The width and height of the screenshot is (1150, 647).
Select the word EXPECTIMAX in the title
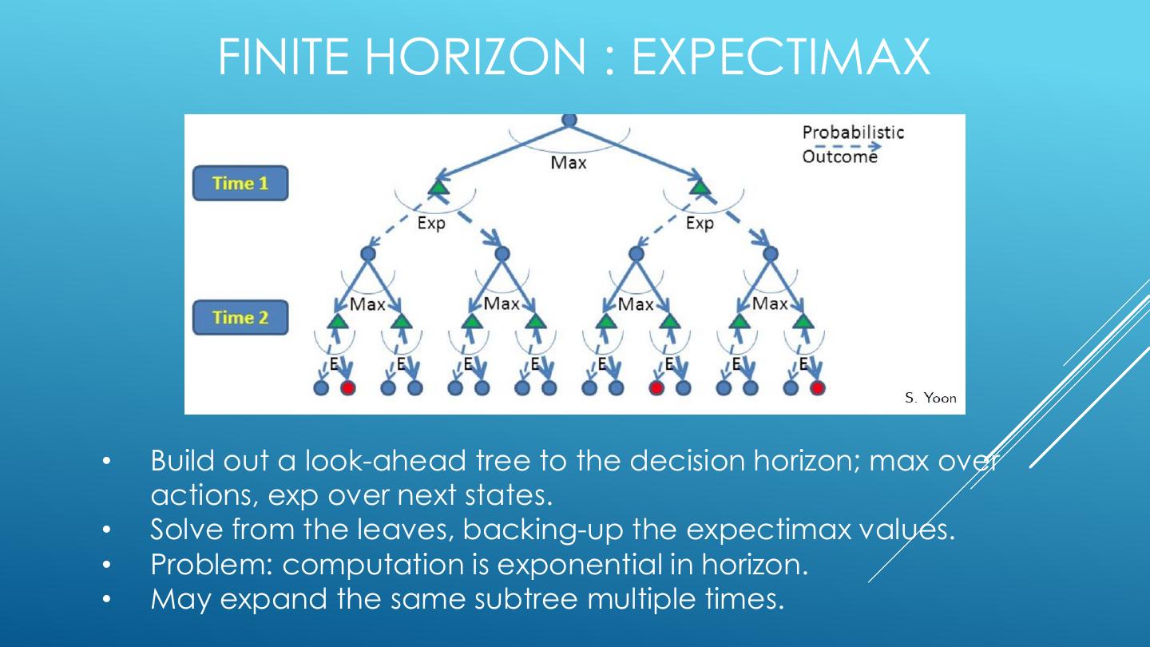click(780, 58)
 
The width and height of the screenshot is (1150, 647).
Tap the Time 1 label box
click(240, 184)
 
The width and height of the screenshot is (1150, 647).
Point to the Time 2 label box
click(240, 317)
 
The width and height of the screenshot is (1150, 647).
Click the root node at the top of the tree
click(569, 121)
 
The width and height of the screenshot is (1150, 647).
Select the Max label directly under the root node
click(568, 163)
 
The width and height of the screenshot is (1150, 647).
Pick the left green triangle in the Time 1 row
click(438, 189)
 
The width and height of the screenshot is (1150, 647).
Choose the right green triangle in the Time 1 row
click(700, 189)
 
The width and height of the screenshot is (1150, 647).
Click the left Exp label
click(431, 224)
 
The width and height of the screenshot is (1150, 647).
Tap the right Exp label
click(700, 224)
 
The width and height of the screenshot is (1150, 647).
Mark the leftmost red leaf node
click(347, 388)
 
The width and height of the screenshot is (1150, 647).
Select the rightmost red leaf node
click(816, 388)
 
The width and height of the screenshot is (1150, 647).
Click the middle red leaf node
click(656, 388)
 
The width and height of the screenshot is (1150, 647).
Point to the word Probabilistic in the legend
click(853, 133)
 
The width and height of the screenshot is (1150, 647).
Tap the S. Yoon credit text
click(930, 398)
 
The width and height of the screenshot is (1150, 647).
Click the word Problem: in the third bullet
click(210, 564)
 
